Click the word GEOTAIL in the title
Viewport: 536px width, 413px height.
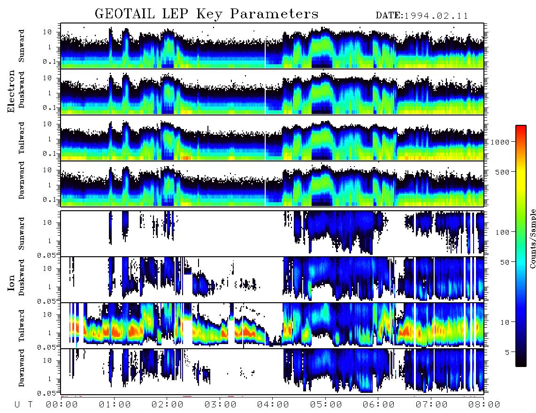coord(125,14)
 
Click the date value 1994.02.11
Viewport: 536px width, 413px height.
coord(436,16)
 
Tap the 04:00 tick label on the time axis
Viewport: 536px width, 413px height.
coord(272,405)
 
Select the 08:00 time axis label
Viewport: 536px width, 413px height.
coord(484,405)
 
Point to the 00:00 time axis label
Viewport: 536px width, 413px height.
coord(61,405)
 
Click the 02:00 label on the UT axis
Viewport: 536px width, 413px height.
coord(167,405)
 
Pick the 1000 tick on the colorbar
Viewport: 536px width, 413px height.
coord(500,142)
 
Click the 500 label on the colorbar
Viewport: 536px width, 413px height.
coord(502,172)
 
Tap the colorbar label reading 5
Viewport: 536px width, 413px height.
coord(507,352)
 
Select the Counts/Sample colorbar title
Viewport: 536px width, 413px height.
coord(532,238)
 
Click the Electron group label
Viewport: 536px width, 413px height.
coord(11,91)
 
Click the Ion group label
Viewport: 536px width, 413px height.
coord(11,283)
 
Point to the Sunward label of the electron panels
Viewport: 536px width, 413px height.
coord(22,46)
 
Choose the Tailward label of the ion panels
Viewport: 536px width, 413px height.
coord(22,326)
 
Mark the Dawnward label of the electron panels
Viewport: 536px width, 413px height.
coord(22,180)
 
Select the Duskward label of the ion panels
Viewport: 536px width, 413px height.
coord(22,277)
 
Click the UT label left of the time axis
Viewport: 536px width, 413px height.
coord(23,405)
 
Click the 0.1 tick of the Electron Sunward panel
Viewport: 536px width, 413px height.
coord(49,61)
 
